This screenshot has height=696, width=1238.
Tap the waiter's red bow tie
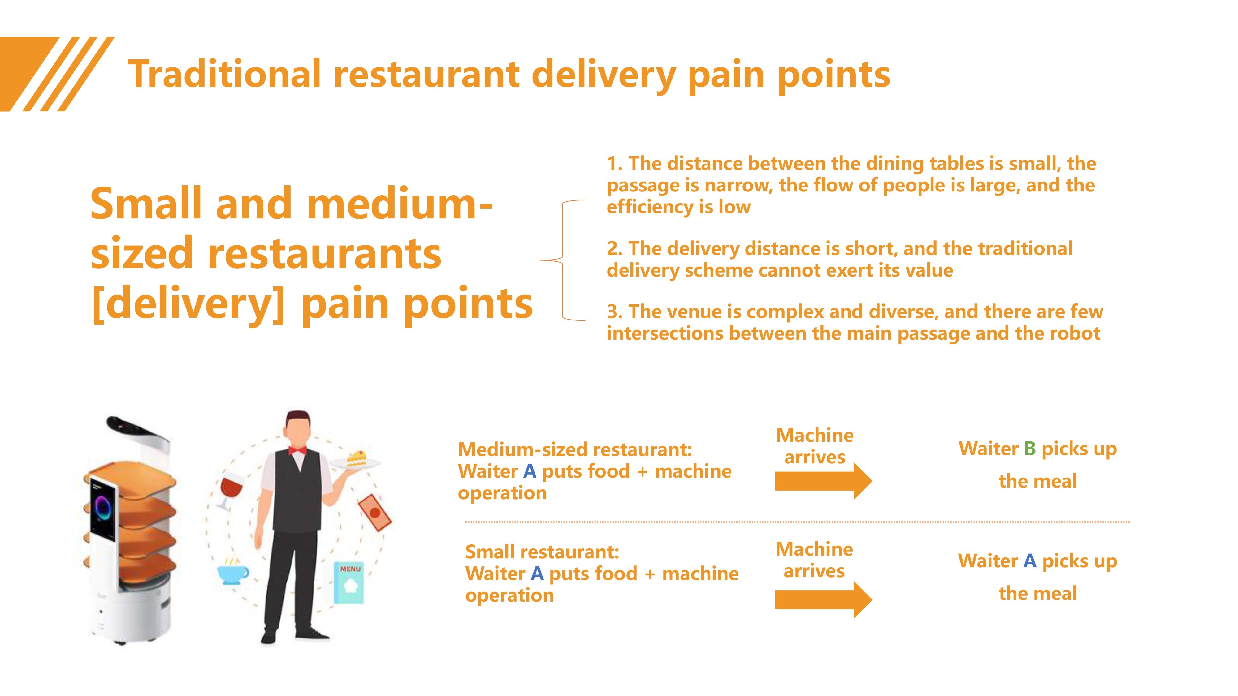[297, 451]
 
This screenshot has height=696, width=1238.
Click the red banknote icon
[375, 512]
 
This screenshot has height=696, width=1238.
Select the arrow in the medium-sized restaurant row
[823, 481]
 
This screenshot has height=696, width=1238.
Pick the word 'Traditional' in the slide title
[225, 75]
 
